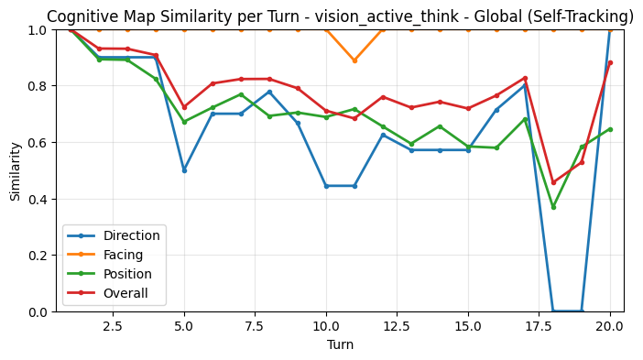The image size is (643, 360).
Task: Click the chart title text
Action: click(340, 16)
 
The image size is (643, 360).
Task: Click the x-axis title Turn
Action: click(340, 345)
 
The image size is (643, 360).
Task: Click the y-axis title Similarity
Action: click(16, 170)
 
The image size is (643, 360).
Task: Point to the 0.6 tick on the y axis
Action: click(38, 143)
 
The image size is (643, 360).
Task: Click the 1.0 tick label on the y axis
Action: click(38, 30)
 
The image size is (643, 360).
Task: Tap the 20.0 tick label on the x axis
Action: click(610, 326)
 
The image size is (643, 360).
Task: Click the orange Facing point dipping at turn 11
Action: click(354, 60)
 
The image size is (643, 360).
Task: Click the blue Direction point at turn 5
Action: click(184, 170)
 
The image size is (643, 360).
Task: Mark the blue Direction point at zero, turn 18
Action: click(553, 311)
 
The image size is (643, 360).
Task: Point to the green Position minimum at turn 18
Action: click(553, 207)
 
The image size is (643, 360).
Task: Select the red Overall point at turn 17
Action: click(525, 78)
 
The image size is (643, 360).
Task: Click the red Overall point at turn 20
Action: click(610, 63)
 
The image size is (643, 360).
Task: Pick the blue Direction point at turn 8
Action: click(269, 92)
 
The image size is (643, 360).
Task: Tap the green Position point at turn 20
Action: click(610, 129)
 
